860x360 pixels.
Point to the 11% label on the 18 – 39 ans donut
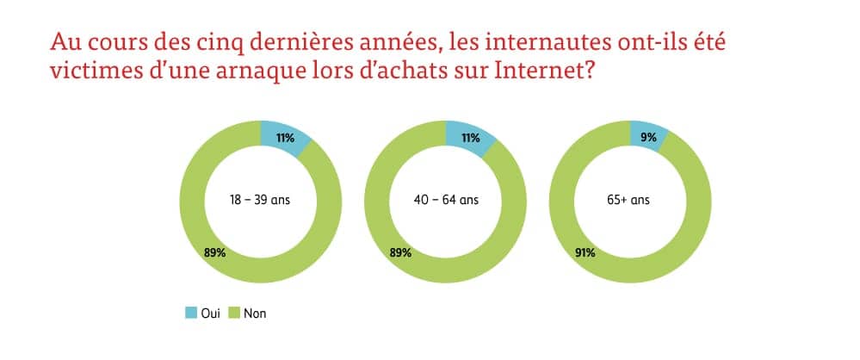[285, 138]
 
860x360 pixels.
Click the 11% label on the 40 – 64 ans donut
[471, 138]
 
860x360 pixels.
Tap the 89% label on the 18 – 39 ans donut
[214, 252]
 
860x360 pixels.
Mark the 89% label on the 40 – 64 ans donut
[399, 252]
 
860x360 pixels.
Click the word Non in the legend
[255, 314]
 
